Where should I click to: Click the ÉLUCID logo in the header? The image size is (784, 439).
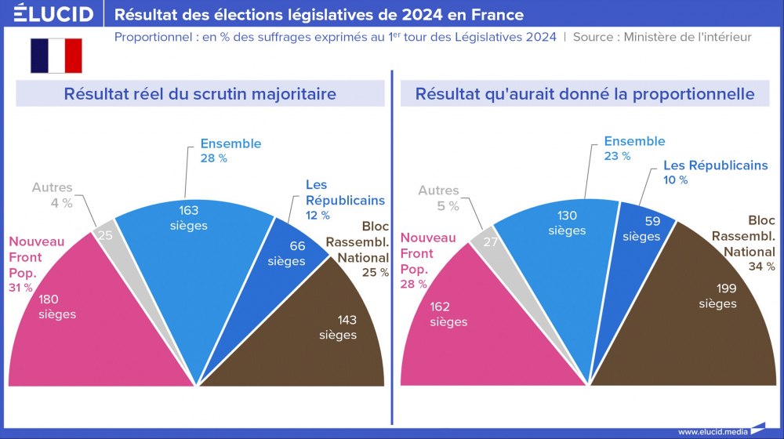(54, 14)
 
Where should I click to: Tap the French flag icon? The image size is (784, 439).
(56, 56)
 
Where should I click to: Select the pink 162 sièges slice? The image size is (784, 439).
(455, 321)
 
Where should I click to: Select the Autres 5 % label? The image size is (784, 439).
(438, 198)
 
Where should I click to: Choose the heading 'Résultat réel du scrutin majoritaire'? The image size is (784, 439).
(200, 94)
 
